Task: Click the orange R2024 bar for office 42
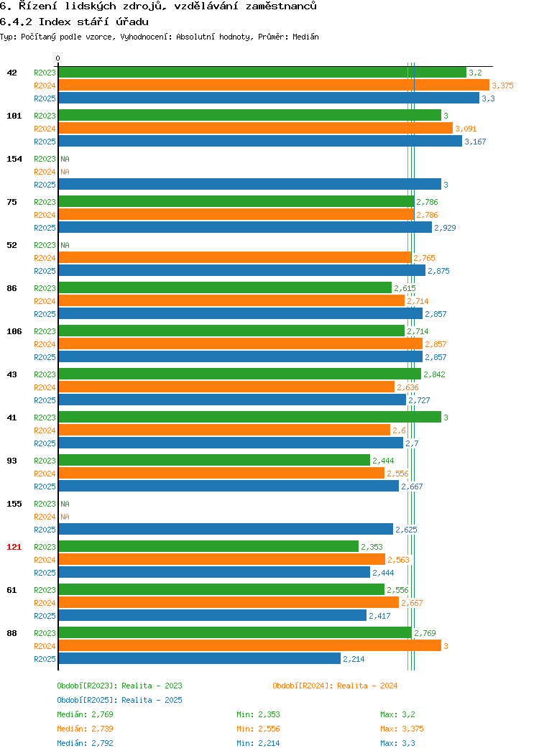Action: (274, 86)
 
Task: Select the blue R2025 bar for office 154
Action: (249, 185)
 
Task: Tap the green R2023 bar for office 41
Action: (249, 418)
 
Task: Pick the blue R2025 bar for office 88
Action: (200, 659)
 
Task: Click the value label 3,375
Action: (502, 86)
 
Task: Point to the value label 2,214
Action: (354, 659)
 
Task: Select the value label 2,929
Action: (445, 228)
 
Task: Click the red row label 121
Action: (14, 547)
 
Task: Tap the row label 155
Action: (14, 504)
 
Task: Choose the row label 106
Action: (14, 331)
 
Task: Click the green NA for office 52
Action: (65, 245)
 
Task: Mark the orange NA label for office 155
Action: (65, 517)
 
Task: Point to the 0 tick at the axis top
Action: (58, 59)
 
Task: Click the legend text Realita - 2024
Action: (367, 686)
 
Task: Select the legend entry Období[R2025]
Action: (87, 700)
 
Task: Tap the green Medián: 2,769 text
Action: (86, 714)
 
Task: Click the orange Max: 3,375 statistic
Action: (402, 729)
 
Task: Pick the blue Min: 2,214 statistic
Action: (258, 744)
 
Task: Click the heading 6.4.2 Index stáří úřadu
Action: (74, 22)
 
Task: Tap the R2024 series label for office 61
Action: (45, 603)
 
